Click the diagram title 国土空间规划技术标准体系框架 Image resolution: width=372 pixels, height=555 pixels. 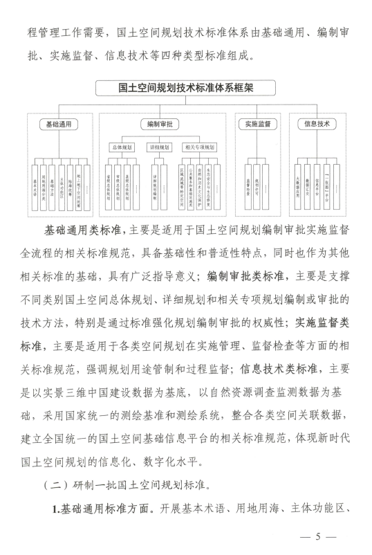(186, 88)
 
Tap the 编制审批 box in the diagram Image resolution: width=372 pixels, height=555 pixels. (162, 125)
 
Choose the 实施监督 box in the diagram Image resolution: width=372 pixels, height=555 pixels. (257, 125)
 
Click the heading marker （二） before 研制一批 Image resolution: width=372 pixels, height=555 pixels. (59, 481)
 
